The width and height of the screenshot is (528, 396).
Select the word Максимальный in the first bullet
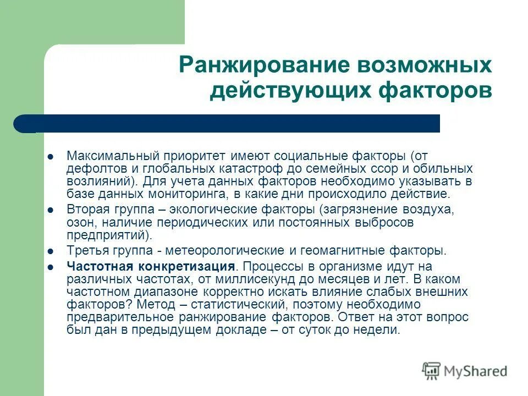[108, 156]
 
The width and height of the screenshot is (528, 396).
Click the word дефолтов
[90, 168]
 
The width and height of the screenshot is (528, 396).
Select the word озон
[78, 222]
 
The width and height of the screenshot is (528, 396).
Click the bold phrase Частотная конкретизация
[151, 267]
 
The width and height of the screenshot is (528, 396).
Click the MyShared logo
[464, 371]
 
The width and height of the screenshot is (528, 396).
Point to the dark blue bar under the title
[231, 123]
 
